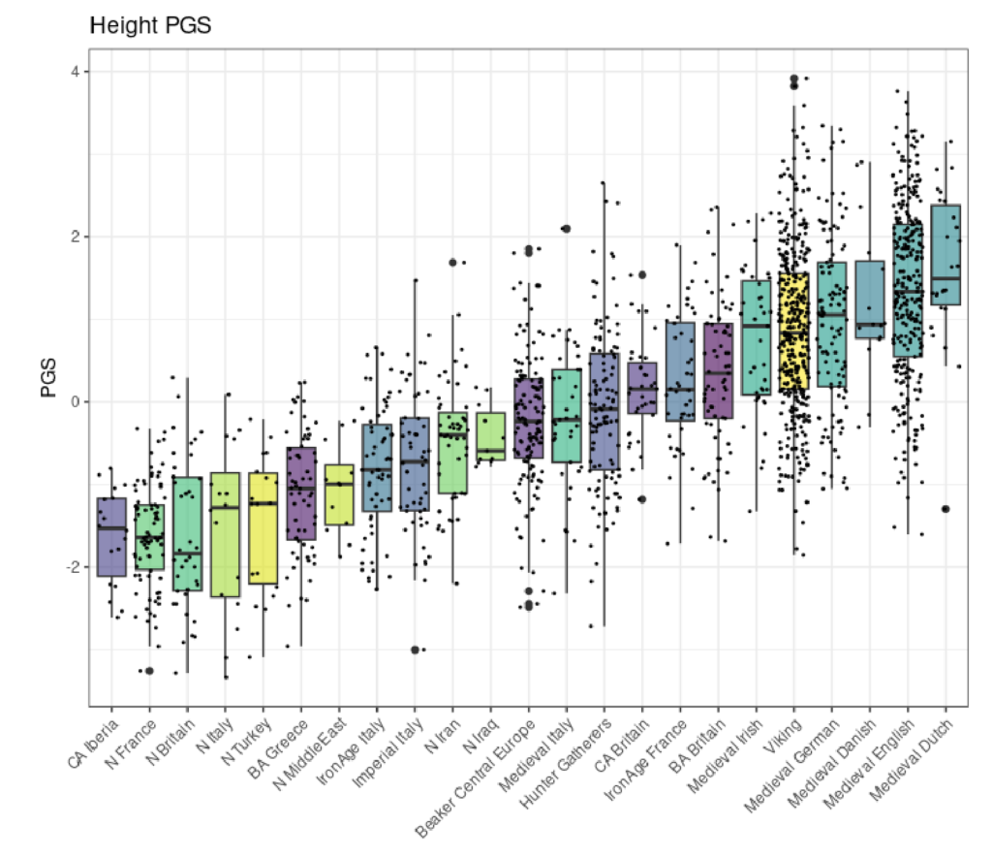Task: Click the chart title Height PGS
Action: pos(150,26)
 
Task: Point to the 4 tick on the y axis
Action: pos(74,72)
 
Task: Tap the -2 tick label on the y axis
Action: pos(71,566)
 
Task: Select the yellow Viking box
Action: pos(793,331)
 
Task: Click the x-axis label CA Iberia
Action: pos(95,743)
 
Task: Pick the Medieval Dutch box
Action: pos(945,255)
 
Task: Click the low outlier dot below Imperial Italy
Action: pos(415,650)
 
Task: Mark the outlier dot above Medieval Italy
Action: pos(566,229)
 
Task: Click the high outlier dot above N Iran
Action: pos(452,262)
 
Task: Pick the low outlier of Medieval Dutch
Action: pos(945,509)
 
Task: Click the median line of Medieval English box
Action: pos(908,292)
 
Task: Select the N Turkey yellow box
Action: pos(263,528)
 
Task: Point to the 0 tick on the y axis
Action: pos(74,401)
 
